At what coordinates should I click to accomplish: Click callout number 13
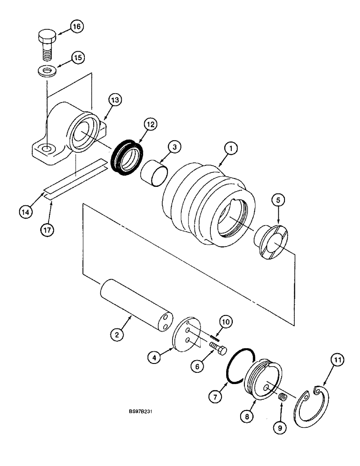(x=115, y=100)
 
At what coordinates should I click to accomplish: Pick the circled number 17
(x=48, y=230)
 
